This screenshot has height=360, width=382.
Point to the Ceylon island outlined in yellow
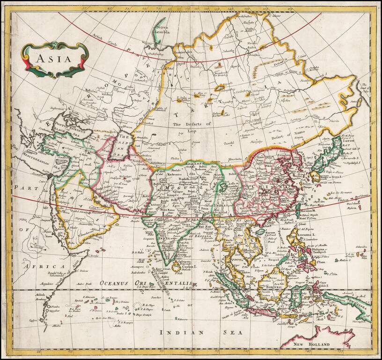[x=176, y=265]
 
